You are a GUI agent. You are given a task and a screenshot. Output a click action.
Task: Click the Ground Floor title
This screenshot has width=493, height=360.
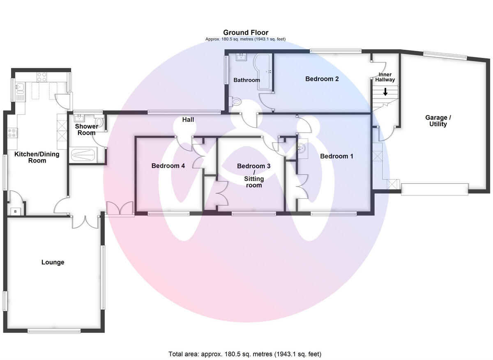(x=246, y=32)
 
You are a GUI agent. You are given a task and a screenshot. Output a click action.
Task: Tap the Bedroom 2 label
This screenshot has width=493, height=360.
(x=322, y=79)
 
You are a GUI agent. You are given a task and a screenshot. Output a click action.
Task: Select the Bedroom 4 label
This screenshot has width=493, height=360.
(x=168, y=166)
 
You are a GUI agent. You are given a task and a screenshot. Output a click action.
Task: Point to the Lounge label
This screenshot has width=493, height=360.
(x=53, y=262)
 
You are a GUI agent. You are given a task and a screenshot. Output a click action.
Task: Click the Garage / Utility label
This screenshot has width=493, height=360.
(x=438, y=121)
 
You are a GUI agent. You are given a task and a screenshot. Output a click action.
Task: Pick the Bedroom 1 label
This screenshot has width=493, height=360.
(x=336, y=156)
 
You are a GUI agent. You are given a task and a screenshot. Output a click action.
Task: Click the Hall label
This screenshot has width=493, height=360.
(x=188, y=120)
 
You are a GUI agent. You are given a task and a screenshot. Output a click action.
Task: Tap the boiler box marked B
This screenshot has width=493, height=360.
(x=16, y=211)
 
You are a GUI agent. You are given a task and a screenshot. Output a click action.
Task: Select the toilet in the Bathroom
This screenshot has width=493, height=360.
(x=236, y=101)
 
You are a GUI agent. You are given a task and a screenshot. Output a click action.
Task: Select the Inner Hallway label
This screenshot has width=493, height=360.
(x=385, y=77)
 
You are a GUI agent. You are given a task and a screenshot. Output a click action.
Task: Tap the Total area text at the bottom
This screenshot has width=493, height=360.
(x=245, y=354)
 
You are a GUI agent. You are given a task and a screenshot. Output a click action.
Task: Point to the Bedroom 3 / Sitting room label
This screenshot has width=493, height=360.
(x=253, y=175)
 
